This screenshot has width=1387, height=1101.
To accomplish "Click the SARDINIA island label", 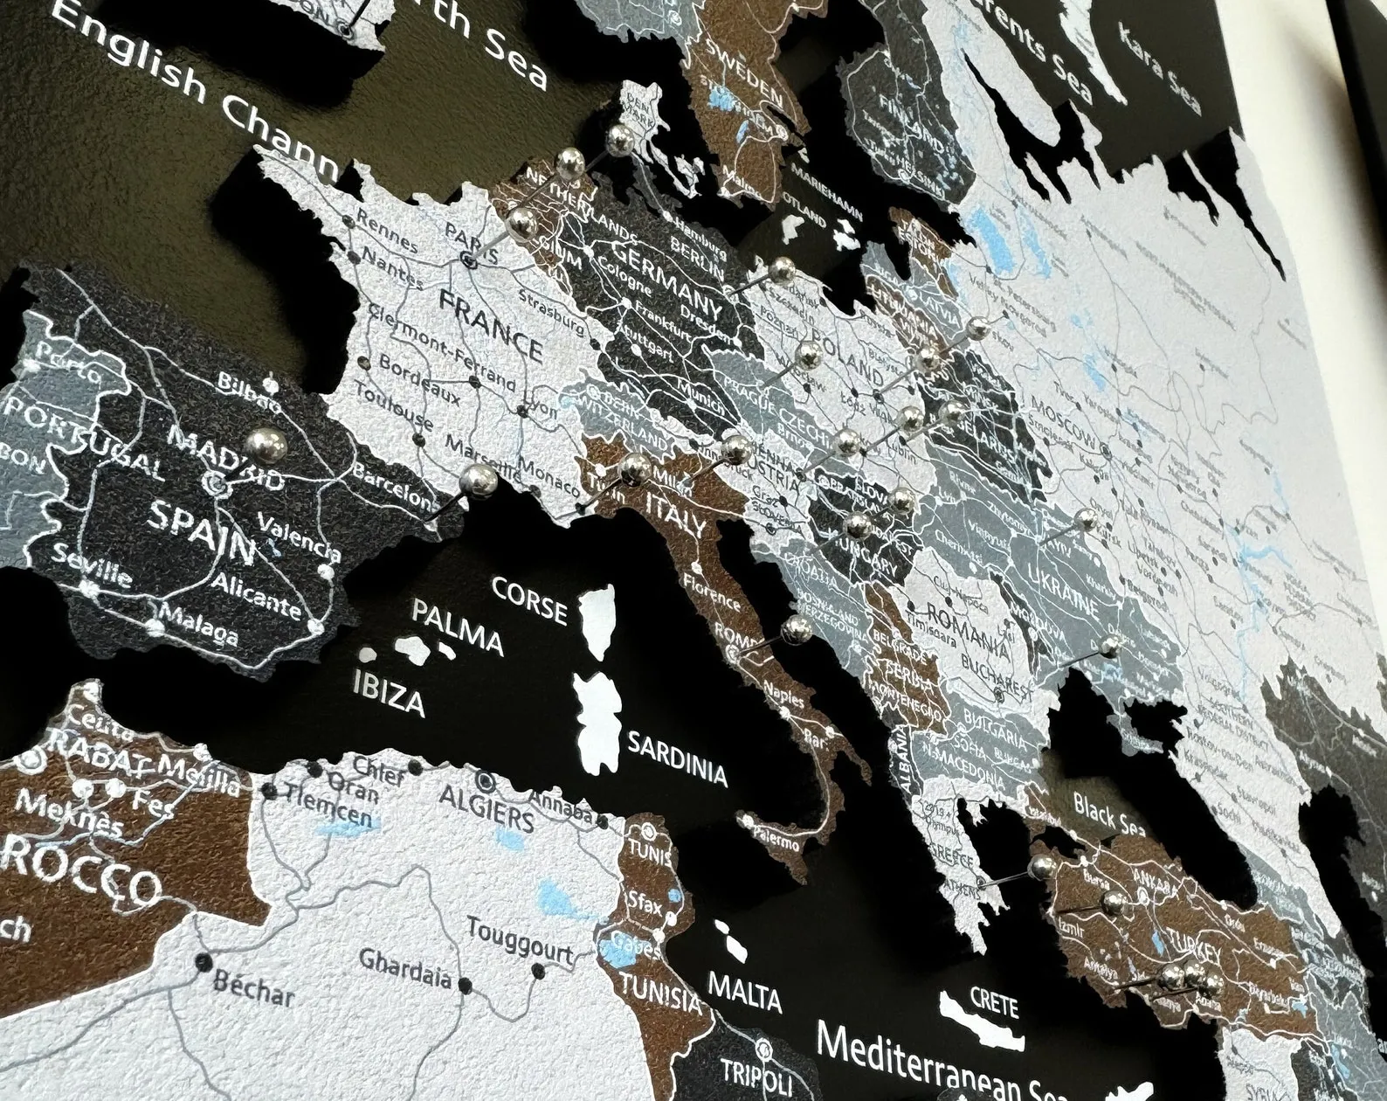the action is (x=677, y=758).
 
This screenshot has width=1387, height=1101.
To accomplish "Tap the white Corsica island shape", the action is (x=597, y=622).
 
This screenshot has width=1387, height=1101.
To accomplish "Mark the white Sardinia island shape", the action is (x=598, y=718).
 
